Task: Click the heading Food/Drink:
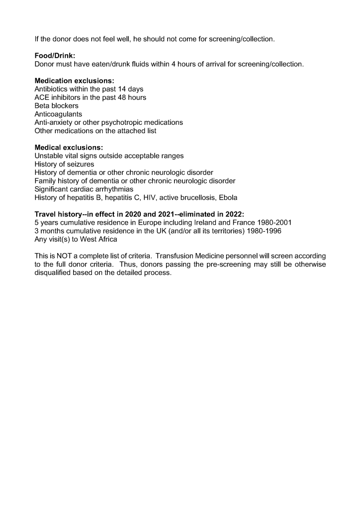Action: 55,56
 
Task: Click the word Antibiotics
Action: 51,89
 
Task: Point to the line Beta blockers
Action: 56,106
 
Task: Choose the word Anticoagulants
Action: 58,114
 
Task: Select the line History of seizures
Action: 64,164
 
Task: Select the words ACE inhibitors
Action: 58,97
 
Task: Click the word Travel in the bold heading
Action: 46,215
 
